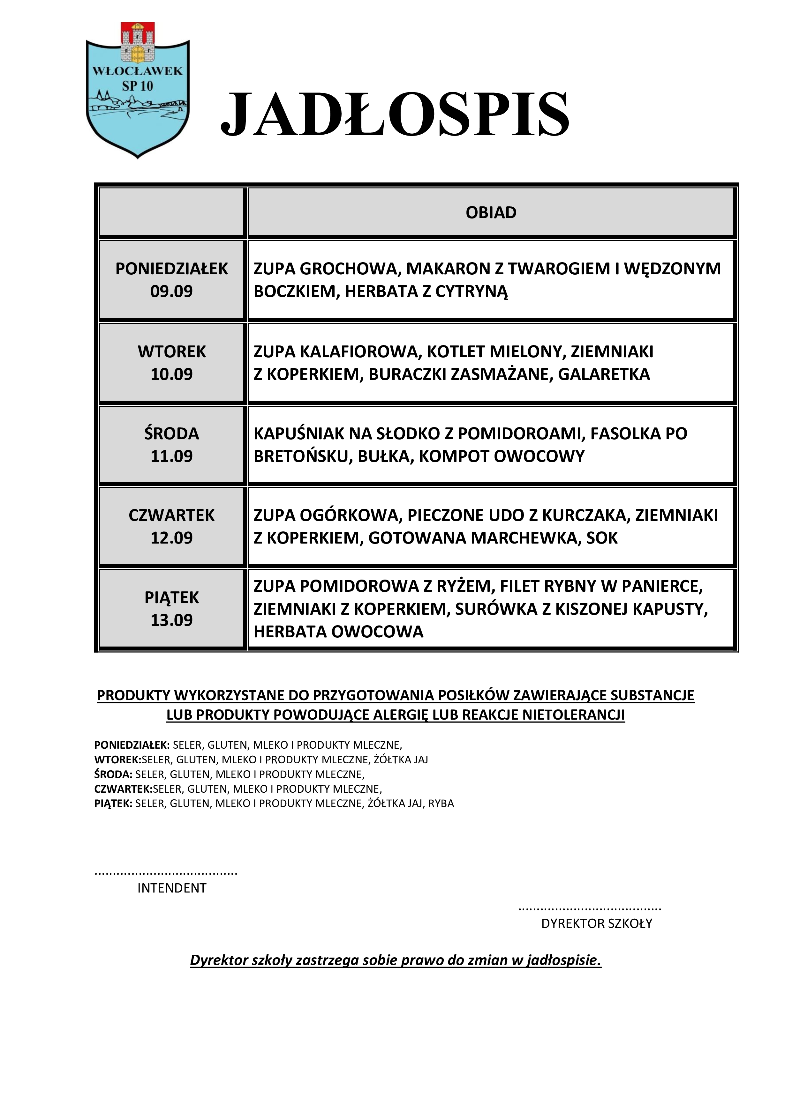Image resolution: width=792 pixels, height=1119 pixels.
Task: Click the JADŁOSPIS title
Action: point(395,115)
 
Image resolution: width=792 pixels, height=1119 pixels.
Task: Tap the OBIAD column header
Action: point(491,212)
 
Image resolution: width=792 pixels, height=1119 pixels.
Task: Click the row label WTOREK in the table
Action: point(172,352)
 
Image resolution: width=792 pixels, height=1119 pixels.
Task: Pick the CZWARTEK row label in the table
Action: point(172,515)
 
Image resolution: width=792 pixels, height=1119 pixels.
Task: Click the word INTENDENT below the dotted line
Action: point(172,888)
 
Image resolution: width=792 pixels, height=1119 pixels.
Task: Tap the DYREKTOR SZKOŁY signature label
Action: point(596,923)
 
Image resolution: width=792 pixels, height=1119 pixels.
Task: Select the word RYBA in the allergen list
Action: point(441,804)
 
